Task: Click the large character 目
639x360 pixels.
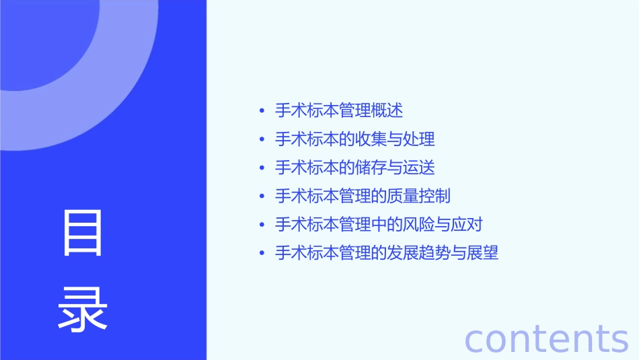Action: [x=83, y=233]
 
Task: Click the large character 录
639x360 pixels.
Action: [x=83, y=310]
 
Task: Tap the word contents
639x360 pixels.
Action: [x=547, y=338]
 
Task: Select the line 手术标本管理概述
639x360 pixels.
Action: [x=339, y=110]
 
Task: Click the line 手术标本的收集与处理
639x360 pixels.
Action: [x=355, y=139]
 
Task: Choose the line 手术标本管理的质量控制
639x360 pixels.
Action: [x=363, y=196]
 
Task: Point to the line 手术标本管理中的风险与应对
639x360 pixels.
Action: [x=379, y=225]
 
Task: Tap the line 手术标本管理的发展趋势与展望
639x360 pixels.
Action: [x=387, y=253]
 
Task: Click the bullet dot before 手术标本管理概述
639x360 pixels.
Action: [x=262, y=110]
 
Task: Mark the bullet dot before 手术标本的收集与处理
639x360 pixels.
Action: [x=262, y=139]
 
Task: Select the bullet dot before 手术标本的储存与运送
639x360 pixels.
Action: [x=262, y=168]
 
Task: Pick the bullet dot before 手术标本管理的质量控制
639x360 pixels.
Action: [x=262, y=196]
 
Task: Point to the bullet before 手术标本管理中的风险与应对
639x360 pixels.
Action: [x=262, y=225]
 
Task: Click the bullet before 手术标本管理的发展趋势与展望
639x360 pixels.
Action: [x=262, y=254]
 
